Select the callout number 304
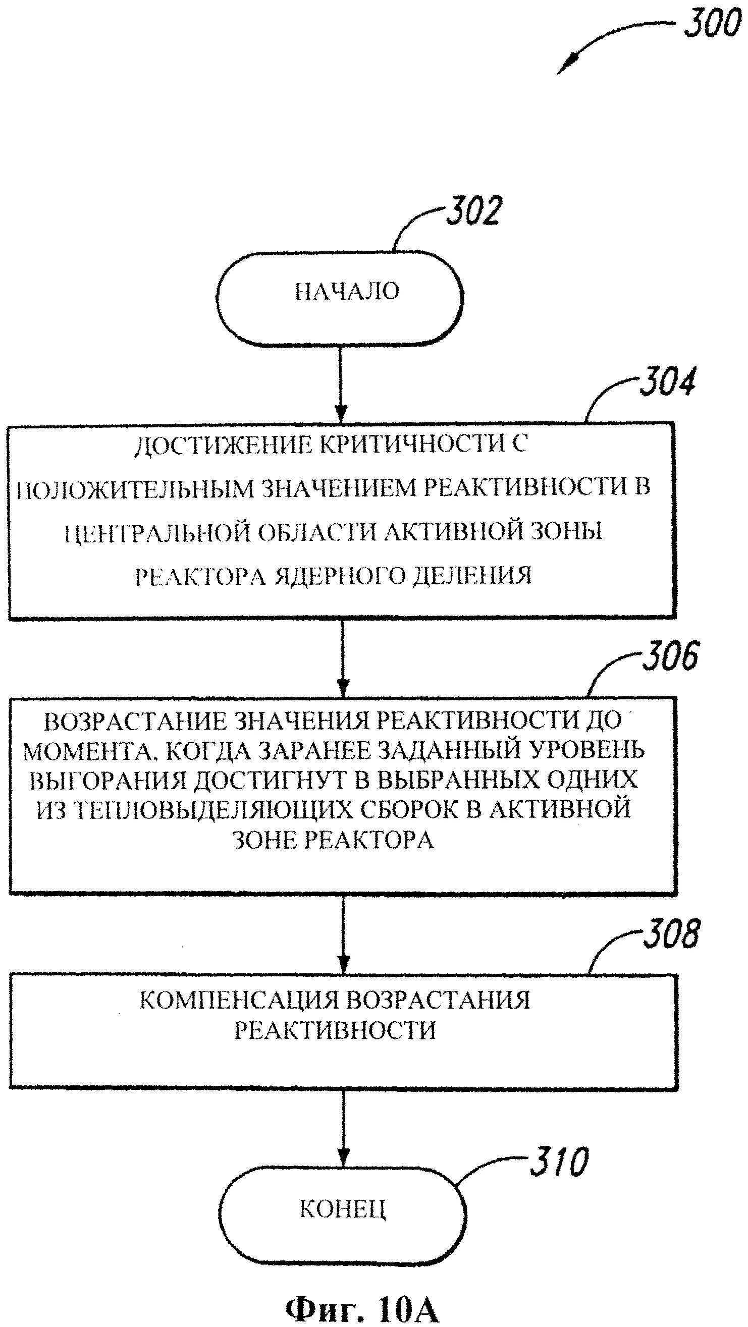pyautogui.click(x=667, y=382)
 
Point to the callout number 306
pyautogui.click(x=670, y=656)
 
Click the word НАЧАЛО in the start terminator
pyautogui.click(x=347, y=292)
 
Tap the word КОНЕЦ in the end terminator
pyautogui.click(x=343, y=1208)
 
